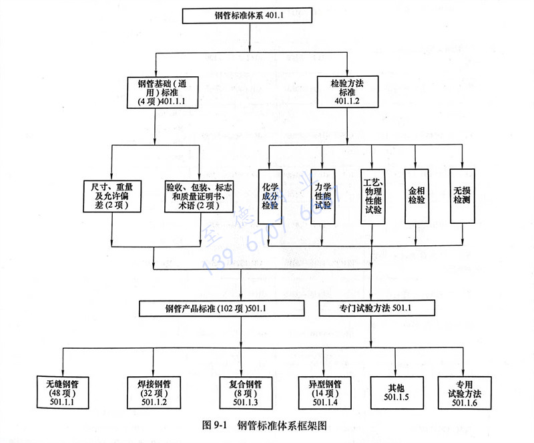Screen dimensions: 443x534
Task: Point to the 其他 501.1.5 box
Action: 396,393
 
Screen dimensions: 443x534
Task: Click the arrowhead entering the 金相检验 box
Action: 416,165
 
